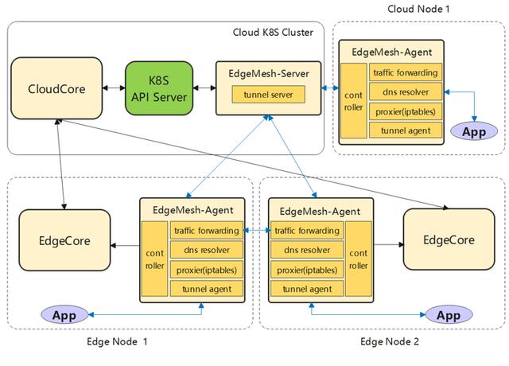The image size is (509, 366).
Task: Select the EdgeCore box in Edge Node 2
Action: pyautogui.click(x=449, y=239)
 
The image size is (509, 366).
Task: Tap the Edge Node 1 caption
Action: pyautogui.click(x=116, y=342)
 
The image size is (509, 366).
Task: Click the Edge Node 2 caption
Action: pyautogui.click(x=390, y=342)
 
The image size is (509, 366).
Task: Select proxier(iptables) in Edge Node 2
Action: pyautogui.click(x=305, y=270)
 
